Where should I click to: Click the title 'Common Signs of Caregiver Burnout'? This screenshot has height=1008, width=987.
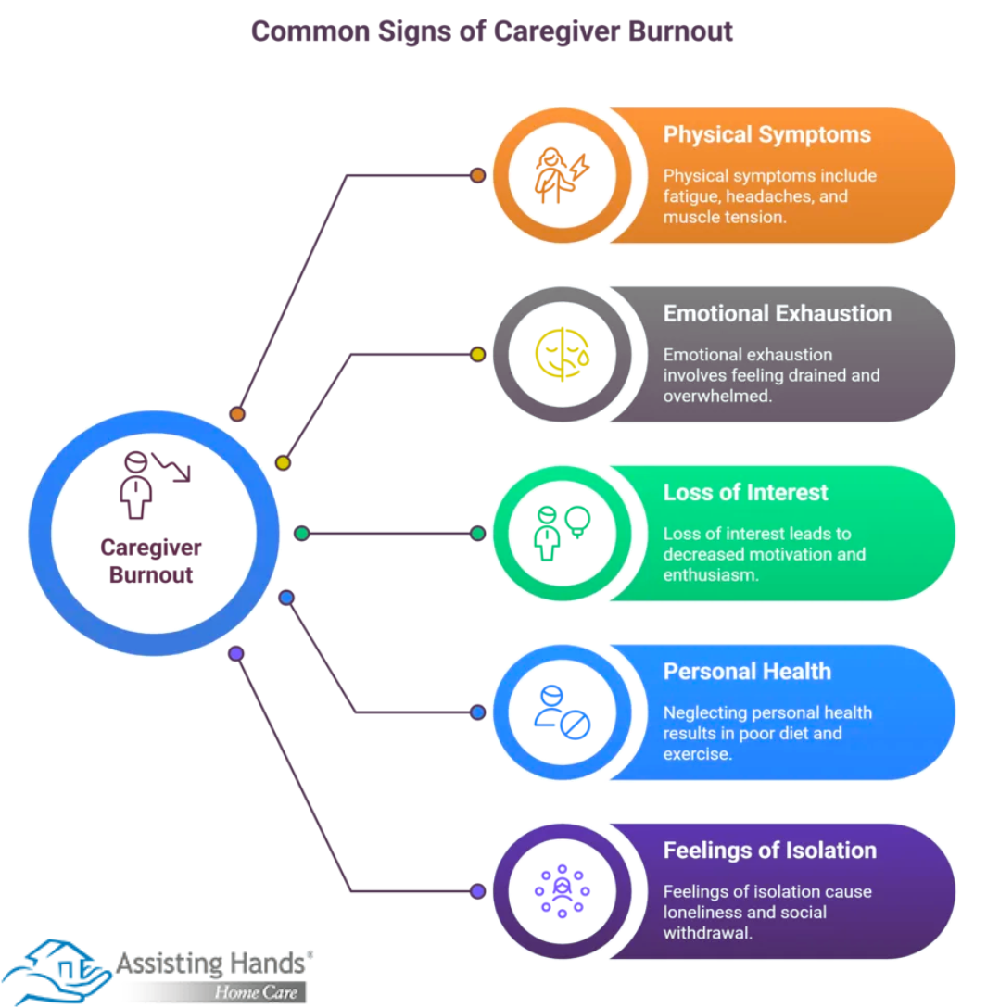(x=492, y=31)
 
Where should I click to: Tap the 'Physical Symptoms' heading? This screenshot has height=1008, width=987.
(x=766, y=134)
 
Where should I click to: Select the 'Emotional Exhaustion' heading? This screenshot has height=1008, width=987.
(x=777, y=313)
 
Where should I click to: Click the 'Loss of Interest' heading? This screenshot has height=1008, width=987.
(x=745, y=492)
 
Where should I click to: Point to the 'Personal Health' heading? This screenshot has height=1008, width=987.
(x=747, y=671)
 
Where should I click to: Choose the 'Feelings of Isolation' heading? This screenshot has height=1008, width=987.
(x=769, y=850)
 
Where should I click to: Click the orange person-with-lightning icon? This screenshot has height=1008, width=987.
(x=562, y=175)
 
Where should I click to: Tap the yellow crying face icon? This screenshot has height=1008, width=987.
(x=562, y=354)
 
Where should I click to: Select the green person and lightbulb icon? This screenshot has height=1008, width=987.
(x=562, y=533)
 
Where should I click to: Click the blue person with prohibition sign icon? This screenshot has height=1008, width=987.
(x=562, y=712)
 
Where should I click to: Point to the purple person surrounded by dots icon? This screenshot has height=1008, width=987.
(x=562, y=890)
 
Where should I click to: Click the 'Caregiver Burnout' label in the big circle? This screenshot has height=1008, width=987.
(x=151, y=561)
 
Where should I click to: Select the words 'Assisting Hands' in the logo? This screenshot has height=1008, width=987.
(x=210, y=964)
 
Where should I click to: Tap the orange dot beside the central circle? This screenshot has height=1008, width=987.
(x=236, y=414)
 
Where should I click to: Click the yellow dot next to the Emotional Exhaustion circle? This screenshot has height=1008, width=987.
(x=478, y=354)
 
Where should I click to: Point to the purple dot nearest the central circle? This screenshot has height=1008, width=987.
(x=236, y=653)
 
